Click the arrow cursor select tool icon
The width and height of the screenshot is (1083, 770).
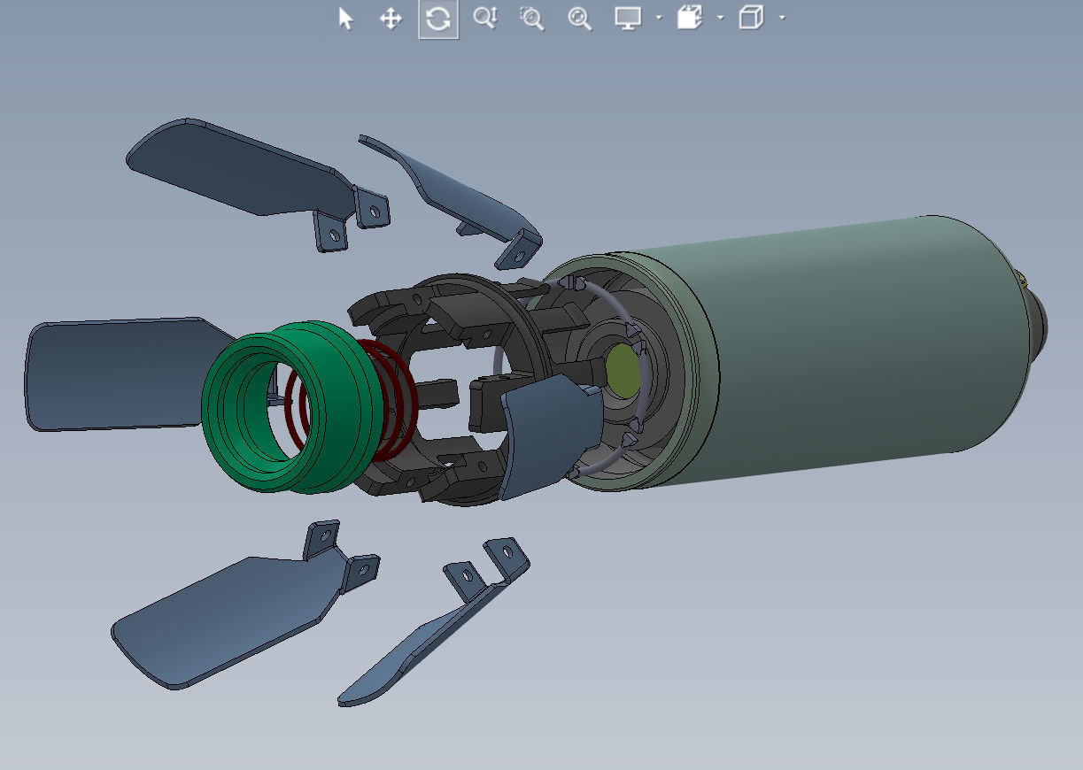345,19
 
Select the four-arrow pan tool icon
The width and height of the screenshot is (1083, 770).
391,19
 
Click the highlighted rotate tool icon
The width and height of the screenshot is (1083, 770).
438,19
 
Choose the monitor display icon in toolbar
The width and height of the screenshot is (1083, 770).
628,19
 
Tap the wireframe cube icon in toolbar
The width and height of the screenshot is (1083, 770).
751,19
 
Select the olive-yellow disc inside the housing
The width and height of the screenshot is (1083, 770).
623,369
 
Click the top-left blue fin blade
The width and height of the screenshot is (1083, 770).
239,168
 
